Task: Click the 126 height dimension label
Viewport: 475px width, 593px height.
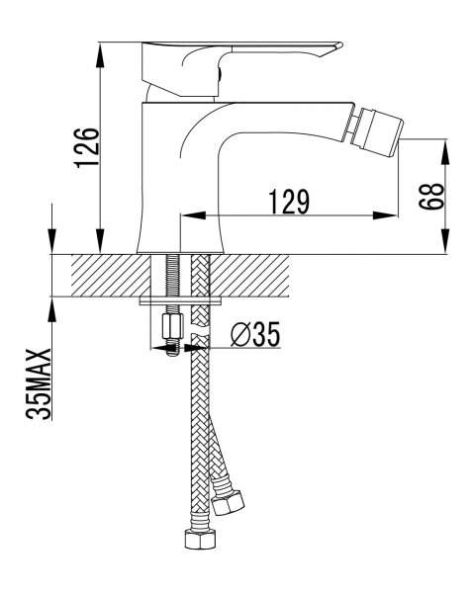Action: [x=86, y=148]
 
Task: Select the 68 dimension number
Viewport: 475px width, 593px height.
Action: [x=430, y=197]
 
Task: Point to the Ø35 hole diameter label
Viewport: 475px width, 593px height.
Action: [x=255, y=334]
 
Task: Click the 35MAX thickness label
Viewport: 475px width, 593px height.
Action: [x=39, y=383]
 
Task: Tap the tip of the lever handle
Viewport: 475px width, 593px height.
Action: [x=340, y=45]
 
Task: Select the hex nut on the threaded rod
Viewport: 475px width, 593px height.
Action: [x=172, y=327]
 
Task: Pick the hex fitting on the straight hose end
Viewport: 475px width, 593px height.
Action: [x=200, y=539]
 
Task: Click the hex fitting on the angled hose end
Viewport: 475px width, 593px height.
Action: [x=228, y=502]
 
